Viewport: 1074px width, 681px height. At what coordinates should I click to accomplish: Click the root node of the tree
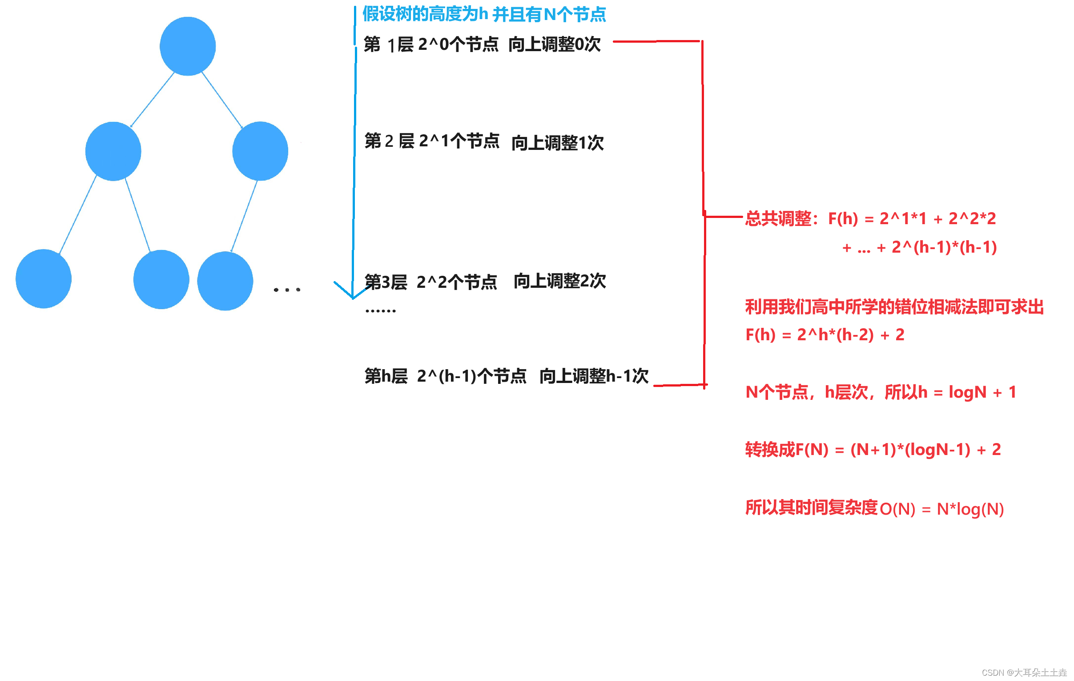pos(188,46)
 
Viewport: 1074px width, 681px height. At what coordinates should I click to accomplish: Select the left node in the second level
pos(113,151)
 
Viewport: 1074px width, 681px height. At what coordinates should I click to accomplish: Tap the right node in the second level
pos(260,151)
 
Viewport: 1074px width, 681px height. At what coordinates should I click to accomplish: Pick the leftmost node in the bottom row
pos(44,279)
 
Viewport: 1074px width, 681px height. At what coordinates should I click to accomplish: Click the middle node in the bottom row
pos(161,280)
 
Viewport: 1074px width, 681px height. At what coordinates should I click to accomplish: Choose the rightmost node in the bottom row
pos(225,281)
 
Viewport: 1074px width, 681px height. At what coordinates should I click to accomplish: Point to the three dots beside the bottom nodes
pos(287,290)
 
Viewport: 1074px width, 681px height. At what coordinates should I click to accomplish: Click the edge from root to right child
pos(222,100)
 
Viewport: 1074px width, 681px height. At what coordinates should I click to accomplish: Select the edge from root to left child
pos(153,100)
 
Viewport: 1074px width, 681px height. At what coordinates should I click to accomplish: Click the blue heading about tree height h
pos(484,14)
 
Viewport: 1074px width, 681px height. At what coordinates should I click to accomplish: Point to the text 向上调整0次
pos(555,44)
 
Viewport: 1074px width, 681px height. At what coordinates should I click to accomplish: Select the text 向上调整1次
pos(558,143)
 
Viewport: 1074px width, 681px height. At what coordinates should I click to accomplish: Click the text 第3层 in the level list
pos(386,282)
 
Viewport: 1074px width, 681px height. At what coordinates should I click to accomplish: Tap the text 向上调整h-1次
pos(594,376)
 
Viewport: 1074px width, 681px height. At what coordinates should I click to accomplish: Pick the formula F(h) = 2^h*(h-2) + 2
pos(825,334)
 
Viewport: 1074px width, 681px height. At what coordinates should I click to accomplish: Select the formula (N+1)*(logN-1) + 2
pos(925,450)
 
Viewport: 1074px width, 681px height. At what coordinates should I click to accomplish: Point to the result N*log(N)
pos(970,509)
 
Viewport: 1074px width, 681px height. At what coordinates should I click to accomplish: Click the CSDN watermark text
pos(1024,673)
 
